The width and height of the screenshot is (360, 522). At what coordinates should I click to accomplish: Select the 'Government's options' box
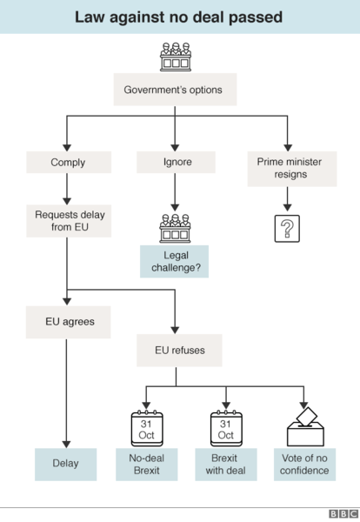[174, 90]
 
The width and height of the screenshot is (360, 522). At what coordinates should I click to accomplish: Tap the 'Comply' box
[68, 162]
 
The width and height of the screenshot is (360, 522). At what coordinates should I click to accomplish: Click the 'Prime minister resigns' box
[287, 168]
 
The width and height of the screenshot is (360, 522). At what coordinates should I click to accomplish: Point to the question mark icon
[286, 228]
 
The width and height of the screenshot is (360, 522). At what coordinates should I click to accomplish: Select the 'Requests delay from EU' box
[68, 222]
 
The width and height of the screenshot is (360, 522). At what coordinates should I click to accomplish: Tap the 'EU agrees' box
[70, 321]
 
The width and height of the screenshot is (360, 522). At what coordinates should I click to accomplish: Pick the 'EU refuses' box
[177, 351]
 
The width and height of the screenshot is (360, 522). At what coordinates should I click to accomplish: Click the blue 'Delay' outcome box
[68, 464]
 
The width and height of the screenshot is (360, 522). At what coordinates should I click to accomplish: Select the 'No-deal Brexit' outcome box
[147, 465]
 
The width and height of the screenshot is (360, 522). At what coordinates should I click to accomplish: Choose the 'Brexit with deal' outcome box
[226, 465]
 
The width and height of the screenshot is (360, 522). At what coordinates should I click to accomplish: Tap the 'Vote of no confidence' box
[305, 465]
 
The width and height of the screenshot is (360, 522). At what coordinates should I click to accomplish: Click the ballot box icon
[305, 427]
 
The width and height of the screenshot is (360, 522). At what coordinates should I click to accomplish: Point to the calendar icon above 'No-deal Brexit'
[147, 427]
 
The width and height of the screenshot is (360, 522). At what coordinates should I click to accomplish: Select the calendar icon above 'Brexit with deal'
[226, 427]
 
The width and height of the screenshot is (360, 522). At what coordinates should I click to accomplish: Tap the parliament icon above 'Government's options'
[175, 57]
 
